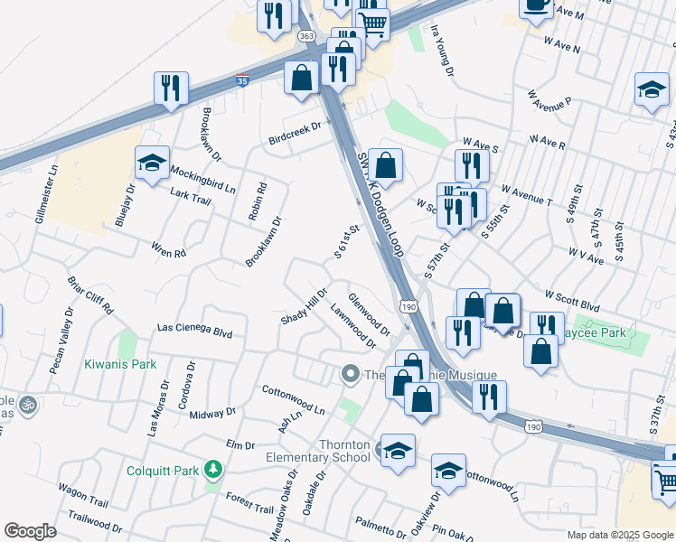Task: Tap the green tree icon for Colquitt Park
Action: pos(213,470)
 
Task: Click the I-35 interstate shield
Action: pos(242,80)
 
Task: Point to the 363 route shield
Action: pos(306,35)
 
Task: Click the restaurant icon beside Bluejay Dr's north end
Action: pos(171,88)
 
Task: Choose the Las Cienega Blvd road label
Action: pos(194,332)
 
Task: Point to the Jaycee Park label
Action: pos(618,333)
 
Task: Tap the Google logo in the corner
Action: pos(30,531)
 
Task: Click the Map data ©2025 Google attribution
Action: pos(619,535)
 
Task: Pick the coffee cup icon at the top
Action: pos(536,5)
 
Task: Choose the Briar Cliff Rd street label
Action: pos(90,294)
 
